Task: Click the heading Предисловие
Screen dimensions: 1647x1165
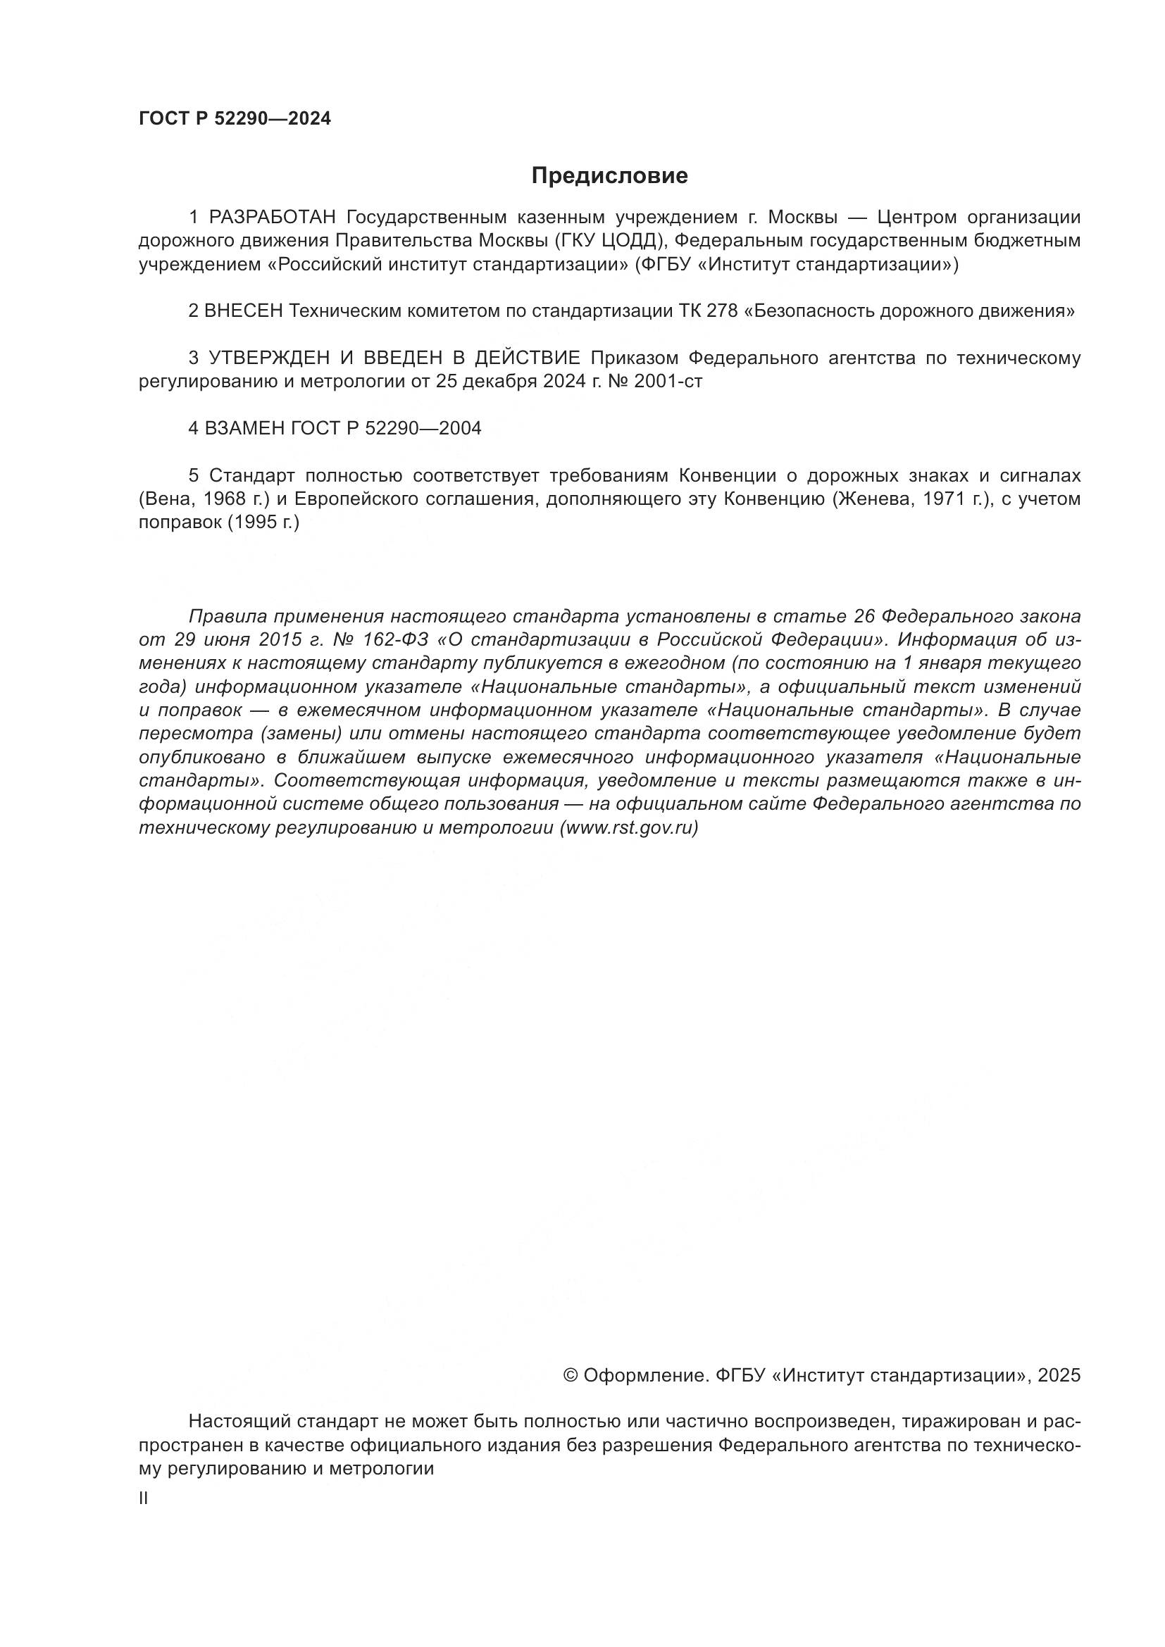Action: point(609,176)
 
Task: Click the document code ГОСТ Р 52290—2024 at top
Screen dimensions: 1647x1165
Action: point(235,119)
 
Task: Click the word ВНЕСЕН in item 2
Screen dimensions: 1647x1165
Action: point(244,311)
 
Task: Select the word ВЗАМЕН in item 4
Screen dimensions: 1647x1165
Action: point(244,429)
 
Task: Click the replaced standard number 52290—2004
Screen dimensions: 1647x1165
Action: point(423,429)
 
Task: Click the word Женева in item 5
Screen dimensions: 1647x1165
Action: point(872,499)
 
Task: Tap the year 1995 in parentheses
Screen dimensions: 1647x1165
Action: point(254,523)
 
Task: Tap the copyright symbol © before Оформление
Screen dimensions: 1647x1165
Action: point(571,1375)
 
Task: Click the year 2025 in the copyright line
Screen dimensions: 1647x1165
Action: point(1058,1375)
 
